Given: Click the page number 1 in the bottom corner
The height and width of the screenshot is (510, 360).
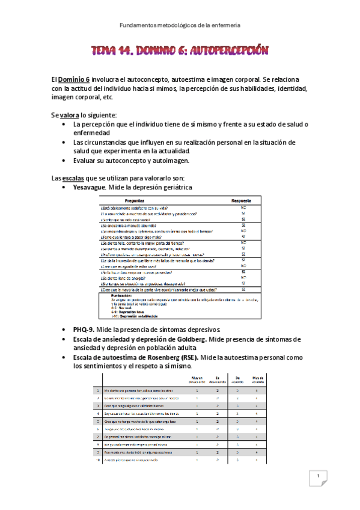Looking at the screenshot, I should (x=317, y=477).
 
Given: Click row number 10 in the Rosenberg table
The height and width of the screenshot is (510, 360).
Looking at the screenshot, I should (x=97, y=460).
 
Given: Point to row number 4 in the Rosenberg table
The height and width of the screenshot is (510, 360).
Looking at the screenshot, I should (x=97, y=413).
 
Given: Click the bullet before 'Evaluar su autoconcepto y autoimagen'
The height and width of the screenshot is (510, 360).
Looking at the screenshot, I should (x=64, y=159).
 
